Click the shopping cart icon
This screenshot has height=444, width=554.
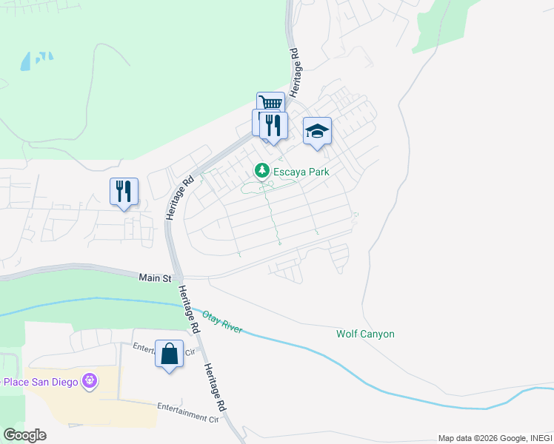pyautogui.click(x=271, y=103)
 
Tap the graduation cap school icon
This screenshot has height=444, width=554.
pyautogui.click(x=317, y=132)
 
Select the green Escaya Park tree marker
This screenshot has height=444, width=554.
pyautogui.click(x=261, y=171)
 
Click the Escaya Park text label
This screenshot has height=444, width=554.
pyautogui.click(x=301, y=171)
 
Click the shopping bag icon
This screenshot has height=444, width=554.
pyautogui.click(x=169, y=353)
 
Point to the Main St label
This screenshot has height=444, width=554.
pyautogui.click(x=155, y=278)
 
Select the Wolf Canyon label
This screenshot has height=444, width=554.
pyautogui.click(x=365, y=334)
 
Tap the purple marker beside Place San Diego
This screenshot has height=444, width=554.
pyautogui.click(x=90, y=381)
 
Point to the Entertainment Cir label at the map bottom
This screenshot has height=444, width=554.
pyautogui.click(x=189, y=412)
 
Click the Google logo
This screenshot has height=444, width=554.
pyautogui.click(x=24, y=435)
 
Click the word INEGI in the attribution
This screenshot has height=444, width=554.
pyautogui.click(x=540, y=439)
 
